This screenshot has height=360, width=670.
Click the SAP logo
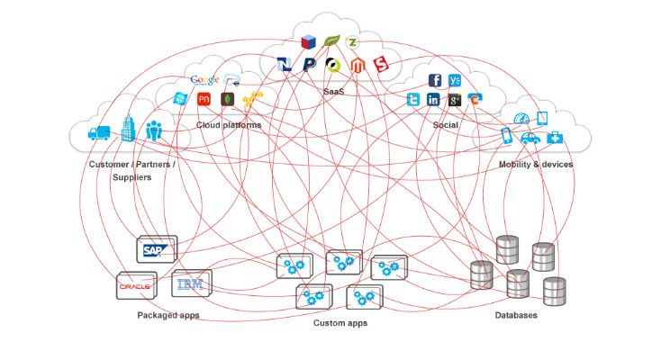152,251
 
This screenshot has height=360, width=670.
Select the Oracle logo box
136,286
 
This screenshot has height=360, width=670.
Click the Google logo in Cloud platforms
205,79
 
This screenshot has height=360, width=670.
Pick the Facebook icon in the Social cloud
435,80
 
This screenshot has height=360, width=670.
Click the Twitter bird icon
414,100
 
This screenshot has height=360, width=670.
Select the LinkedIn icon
434,100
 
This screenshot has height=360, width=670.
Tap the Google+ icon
455,100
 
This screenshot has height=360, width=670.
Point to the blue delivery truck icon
99,133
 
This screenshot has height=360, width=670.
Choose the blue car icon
530,138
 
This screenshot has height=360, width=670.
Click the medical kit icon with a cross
557,137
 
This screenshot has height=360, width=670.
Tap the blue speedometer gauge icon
521,119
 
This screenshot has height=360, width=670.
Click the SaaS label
334,91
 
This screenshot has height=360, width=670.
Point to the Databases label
516,315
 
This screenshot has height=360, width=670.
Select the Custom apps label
340,322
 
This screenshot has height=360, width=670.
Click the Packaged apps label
168,315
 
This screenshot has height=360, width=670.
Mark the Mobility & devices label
536,164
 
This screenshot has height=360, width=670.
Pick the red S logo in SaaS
381,65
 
